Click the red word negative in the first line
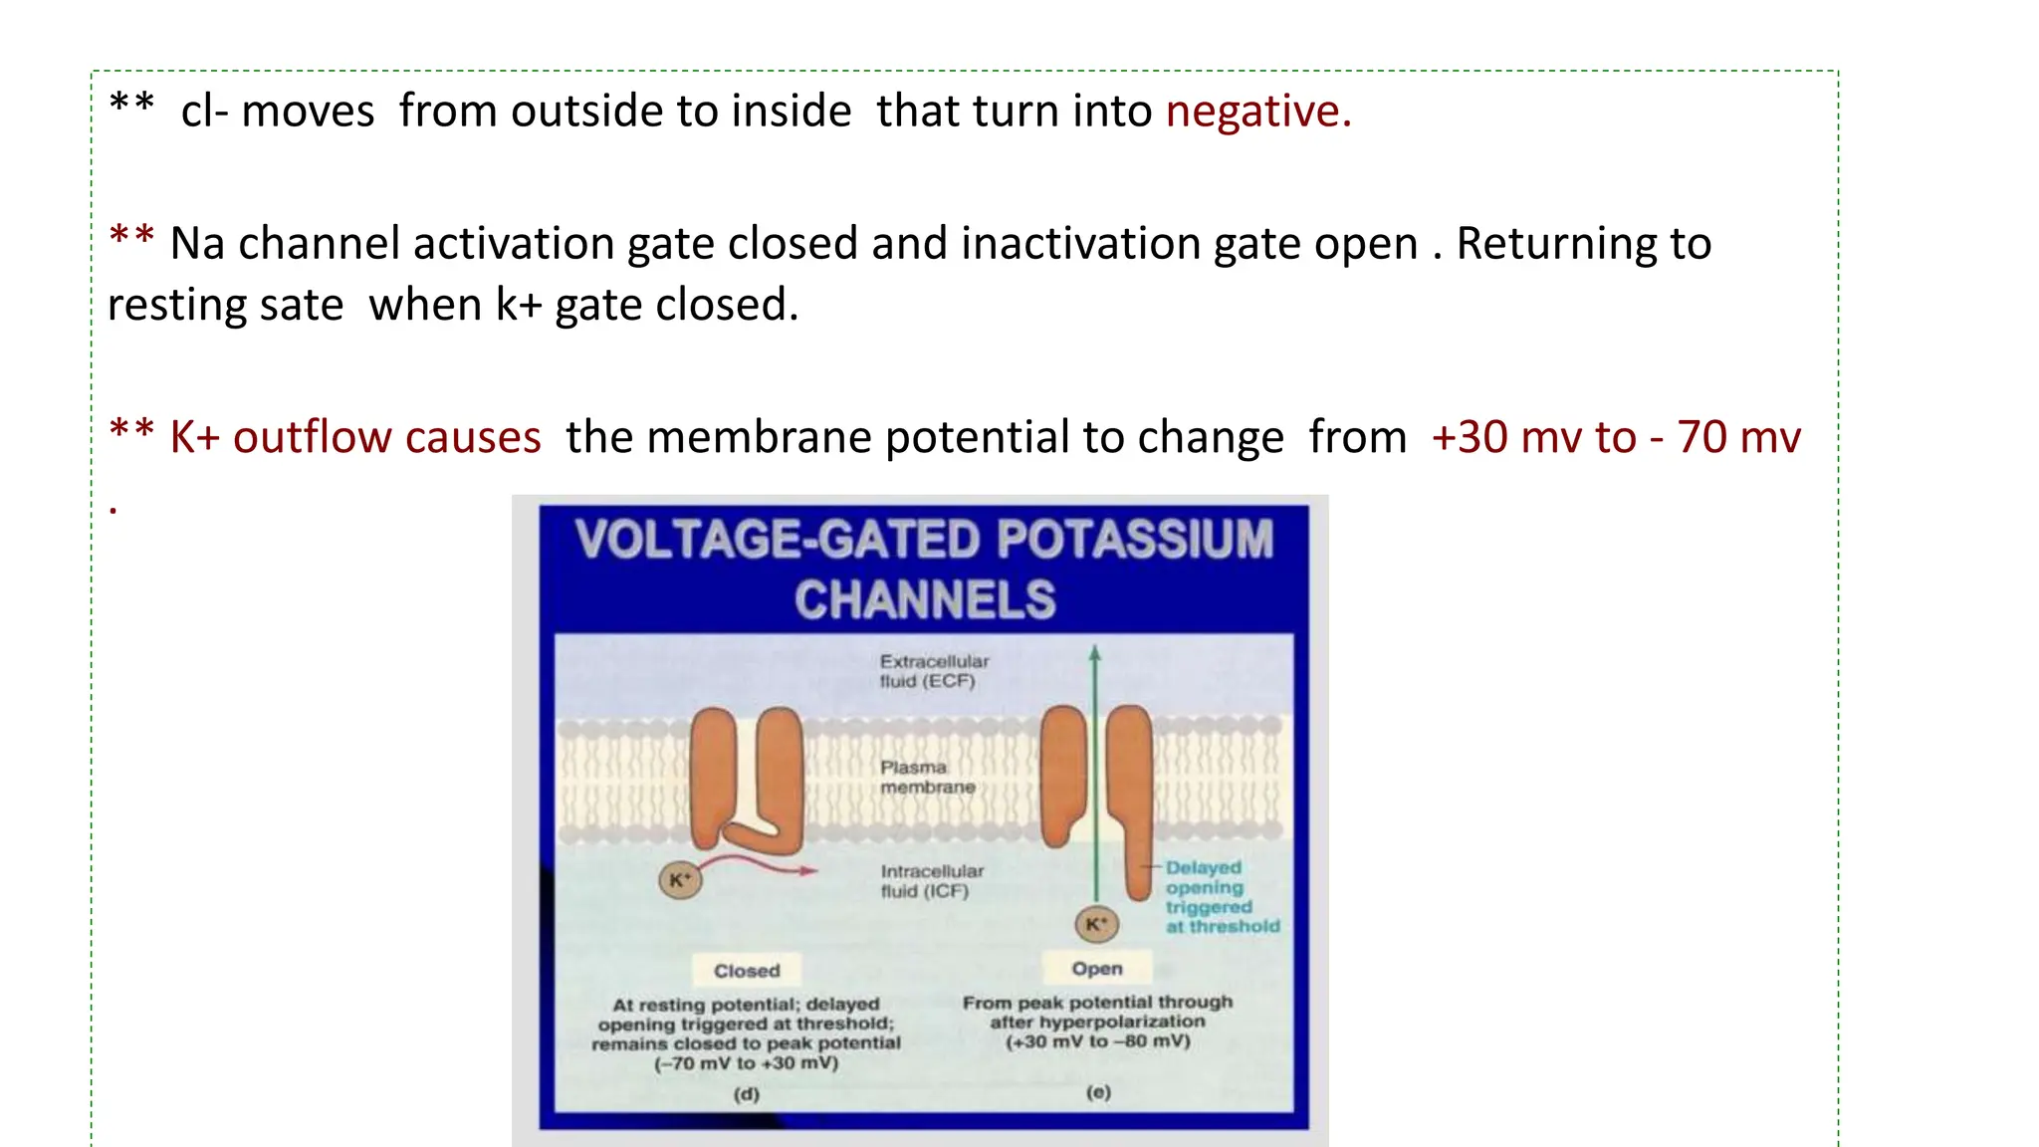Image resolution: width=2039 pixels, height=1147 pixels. tap(1257, 112)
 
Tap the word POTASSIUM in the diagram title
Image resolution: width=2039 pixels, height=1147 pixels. tap(1135, 541)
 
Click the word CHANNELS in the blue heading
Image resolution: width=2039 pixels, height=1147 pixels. tap(924, 600)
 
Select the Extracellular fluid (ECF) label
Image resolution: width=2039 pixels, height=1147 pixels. tap(933, 671)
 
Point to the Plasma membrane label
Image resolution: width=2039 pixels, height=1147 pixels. tap(927, 777)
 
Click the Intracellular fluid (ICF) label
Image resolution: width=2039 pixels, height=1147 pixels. tap(931, 881)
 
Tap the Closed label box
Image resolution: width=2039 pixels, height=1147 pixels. tap(747, 971)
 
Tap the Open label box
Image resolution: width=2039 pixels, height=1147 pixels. tap(1096, 969)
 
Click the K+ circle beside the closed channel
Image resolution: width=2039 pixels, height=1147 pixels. tap(680, 880)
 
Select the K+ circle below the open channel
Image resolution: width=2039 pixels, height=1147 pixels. tap(1096, 924)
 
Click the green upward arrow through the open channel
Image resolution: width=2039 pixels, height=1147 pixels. tap(1095, 757)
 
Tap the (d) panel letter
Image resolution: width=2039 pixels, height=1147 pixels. tap(746, 1094)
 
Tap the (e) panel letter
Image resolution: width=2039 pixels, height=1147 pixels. tap(1098, 1092)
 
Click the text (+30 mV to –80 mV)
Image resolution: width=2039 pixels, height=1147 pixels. tap(1097, 1041)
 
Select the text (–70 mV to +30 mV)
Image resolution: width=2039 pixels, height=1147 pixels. tap(746, 1063)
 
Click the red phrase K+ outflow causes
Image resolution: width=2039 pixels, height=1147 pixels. tap(354, 438)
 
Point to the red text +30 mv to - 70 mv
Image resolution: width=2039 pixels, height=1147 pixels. tap(1615, 438)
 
